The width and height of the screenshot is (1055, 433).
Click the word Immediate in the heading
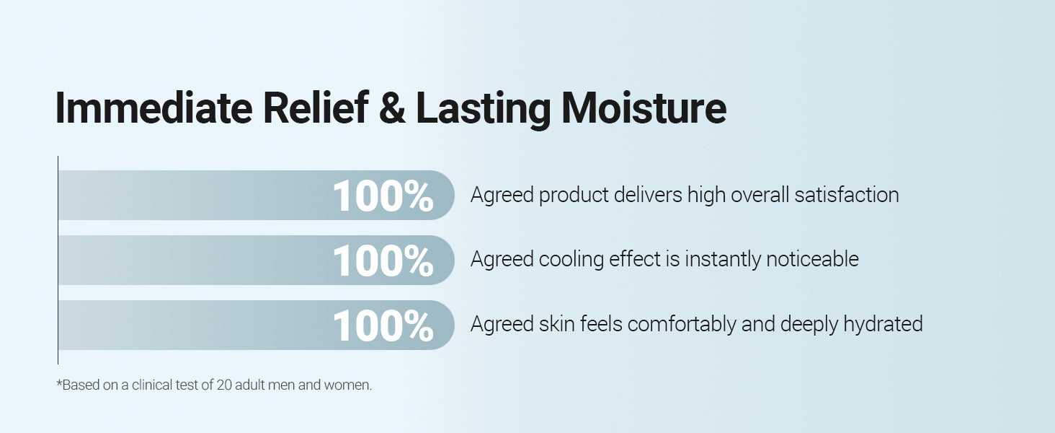pyautogui.click(x=154, y=108)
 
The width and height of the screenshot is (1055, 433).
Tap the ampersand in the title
pyautogui.click(x=392, y=108)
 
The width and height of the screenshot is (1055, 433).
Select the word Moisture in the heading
pyautogui.click(x=644, y=108)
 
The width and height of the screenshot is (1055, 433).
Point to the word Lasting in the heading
pyautogui.click(x=484, y=110)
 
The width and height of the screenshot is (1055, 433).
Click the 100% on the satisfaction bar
pyautogui.click(x=383, y=196)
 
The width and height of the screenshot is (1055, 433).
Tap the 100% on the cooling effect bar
pyautogui.click(x=383, y=261)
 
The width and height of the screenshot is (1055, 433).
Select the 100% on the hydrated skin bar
pyautogui.click(x=383, y=325)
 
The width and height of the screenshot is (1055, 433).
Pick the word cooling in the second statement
pyautogui.click(x=571, y=260)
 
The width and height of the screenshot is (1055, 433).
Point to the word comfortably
pyautogui.click(x=682, y=325)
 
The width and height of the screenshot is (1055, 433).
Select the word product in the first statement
pyautogui.click(x=574, y=196)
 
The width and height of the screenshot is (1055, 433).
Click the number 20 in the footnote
pyautogui.click(x=224, y=385)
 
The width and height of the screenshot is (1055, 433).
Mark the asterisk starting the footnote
pyautogui.click(x=59, y=382)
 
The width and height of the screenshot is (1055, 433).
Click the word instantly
pyautogui.click(x=723, y=260)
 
